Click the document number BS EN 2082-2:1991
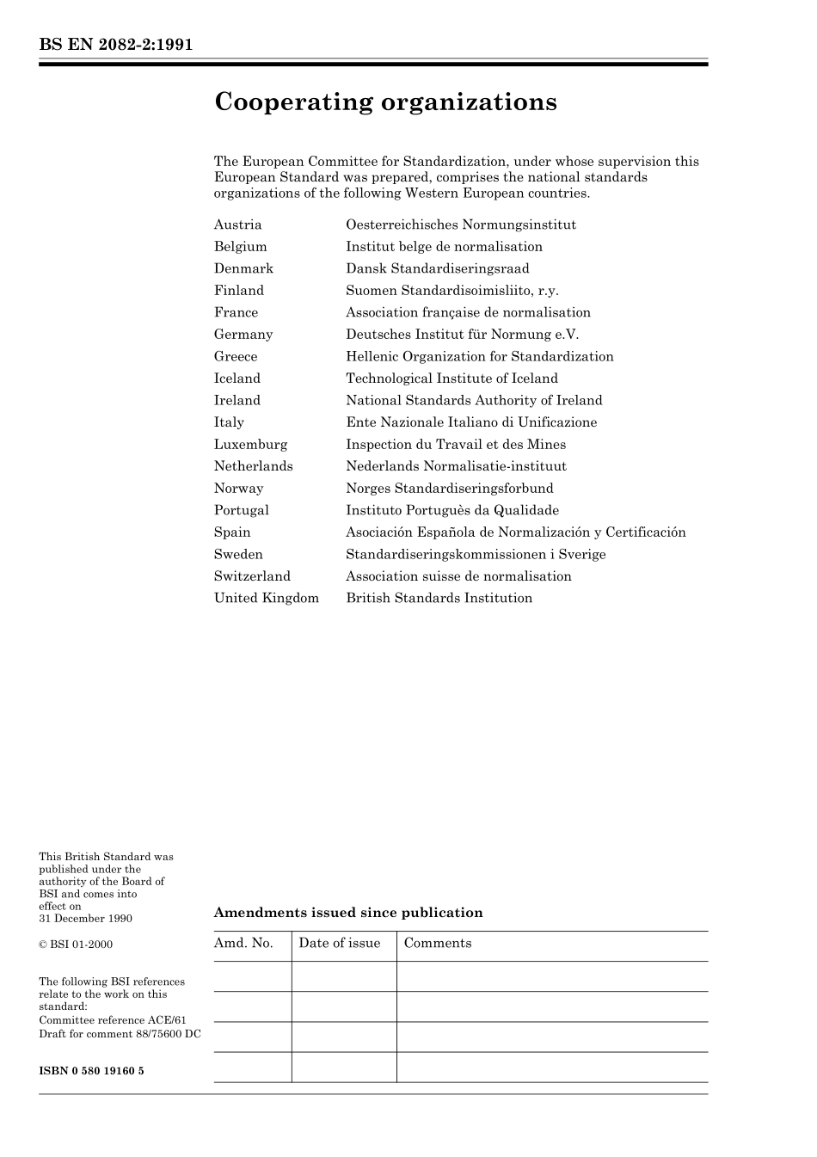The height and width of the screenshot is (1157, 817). (116, 45)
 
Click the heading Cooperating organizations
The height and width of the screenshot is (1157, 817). (385, 102)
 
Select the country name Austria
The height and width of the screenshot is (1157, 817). (237, 225)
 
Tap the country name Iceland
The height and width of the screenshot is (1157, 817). (236, 378)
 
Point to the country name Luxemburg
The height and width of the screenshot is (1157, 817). (250, 445)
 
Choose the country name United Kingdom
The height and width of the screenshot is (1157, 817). (266, 599)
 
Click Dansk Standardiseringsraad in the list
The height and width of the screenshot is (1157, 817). (437, 269)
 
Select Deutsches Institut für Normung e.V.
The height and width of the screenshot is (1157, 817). (462, 335)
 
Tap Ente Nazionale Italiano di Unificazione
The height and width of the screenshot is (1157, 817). (470, 422)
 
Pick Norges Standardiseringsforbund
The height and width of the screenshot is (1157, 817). (449, 489)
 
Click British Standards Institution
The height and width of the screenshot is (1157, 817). (439, 599)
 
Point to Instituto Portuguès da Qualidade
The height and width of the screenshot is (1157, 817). (451, 511)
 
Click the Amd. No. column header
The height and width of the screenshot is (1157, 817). (243, 944)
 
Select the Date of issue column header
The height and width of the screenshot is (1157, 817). (339, 944)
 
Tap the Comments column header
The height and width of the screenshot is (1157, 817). (437, 944)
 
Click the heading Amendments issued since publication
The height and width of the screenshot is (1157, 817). (347, 913)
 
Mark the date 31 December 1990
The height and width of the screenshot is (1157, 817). (85, 919)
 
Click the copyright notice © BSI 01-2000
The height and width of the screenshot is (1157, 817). (76, 945)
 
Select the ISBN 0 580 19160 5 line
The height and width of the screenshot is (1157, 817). (91, 1072)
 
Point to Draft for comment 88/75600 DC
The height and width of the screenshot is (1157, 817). (120, 1034)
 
